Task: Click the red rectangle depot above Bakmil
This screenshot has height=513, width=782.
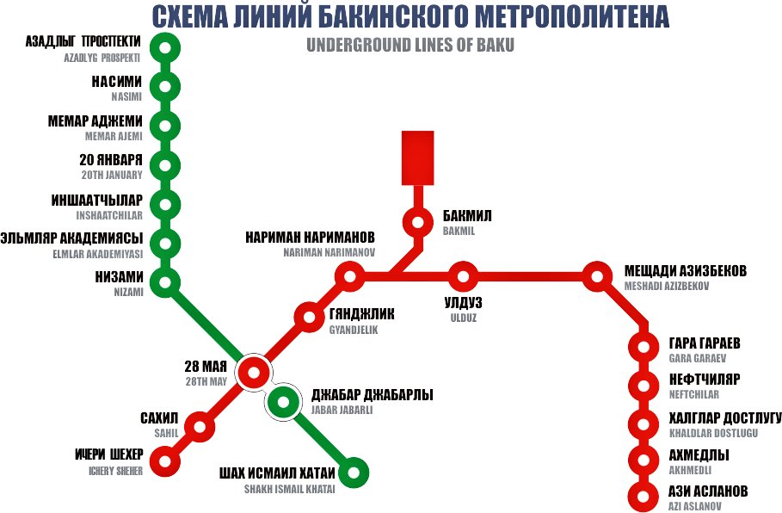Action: point(418,158)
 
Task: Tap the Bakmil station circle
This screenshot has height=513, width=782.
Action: point(418,223)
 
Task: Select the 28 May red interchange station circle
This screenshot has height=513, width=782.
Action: point(254,373)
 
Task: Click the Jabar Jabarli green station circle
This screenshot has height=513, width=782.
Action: point(282,401)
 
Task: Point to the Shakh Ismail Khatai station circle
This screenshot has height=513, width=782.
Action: point(354,473)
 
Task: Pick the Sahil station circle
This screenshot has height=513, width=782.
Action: point(200,426)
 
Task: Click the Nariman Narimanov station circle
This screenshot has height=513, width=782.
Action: point(349,277)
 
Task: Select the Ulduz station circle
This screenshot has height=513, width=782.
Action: point(463,277)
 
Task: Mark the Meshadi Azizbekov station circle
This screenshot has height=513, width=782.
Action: point(596,277)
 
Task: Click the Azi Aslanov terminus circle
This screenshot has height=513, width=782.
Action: point(643,497)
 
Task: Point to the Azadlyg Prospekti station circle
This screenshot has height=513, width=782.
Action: point(164,47)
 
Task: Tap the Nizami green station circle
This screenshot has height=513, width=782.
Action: point(164,281)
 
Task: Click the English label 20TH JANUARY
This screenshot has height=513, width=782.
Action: point(113,175)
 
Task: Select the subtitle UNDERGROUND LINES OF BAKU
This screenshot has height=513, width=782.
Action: point(409,46)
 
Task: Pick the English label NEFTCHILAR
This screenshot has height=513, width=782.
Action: point(693,395)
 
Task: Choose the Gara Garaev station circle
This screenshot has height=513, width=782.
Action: point(643,347)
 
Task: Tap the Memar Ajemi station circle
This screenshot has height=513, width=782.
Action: point(164,126)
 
